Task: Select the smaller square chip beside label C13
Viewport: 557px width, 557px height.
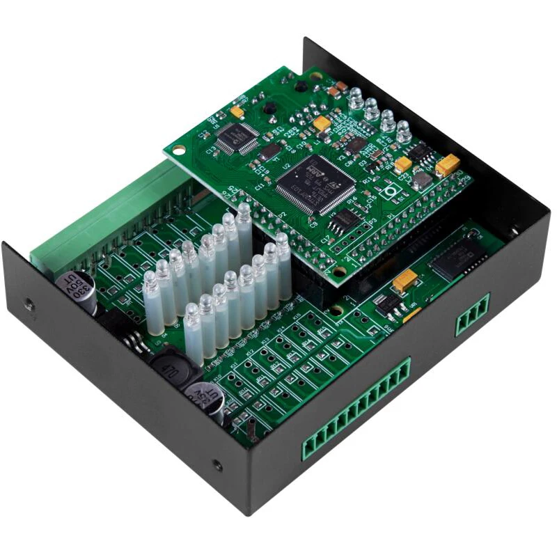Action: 237,137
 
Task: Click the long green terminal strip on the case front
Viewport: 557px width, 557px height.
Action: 355,411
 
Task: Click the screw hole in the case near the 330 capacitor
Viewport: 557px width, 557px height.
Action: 29,304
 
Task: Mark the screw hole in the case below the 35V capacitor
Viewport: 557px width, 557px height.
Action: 217,465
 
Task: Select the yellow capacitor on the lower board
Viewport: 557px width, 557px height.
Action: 405,281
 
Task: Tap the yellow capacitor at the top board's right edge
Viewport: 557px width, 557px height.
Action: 448,165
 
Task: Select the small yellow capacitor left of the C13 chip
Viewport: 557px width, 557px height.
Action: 237,111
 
